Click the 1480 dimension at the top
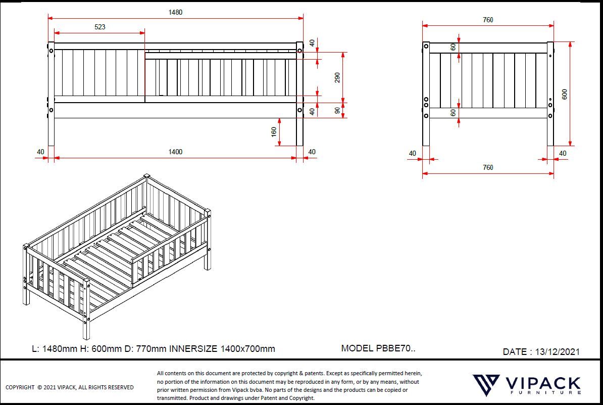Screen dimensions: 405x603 click(x=175, y=12)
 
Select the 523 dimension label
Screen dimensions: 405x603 click(x=100, y=27)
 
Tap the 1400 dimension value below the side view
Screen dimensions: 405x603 click(x=175, y=152)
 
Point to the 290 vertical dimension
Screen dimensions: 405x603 click(x=337, y=77)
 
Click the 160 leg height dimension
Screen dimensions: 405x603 click(x=274, y=132)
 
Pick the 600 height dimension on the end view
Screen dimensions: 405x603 click(x=565, y=94)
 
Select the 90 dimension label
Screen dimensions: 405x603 click(x=337, y=110)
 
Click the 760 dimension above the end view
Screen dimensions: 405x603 click(x=488, y=20)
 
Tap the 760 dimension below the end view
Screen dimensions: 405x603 click(x=488, y=167)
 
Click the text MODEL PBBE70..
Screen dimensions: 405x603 click(x=378, y=348)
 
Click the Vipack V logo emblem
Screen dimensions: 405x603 click(x=486, y=385)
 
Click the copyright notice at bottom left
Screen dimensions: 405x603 click(x=70, y=387)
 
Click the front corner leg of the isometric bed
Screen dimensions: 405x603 click(x=86, y=324)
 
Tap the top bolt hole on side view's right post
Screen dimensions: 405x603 click(x=299, y=51)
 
